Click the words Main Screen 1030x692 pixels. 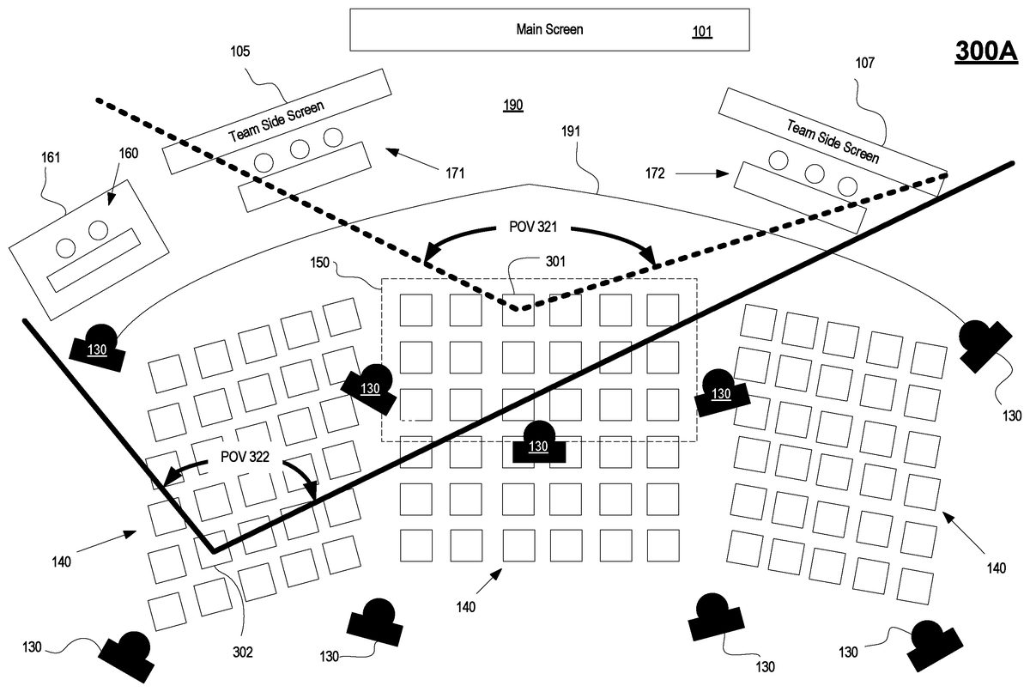coord(549,30)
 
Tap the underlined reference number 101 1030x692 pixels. coord(702,33)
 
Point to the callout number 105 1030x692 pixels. coord(240,52)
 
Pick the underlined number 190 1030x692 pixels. coord(513,105)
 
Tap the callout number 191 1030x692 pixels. coord(571,131)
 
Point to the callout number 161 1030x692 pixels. coord(52,157)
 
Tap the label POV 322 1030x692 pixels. coord(245,457)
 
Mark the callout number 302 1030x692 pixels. coord(243,652)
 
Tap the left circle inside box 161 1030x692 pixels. coord(65,247)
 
